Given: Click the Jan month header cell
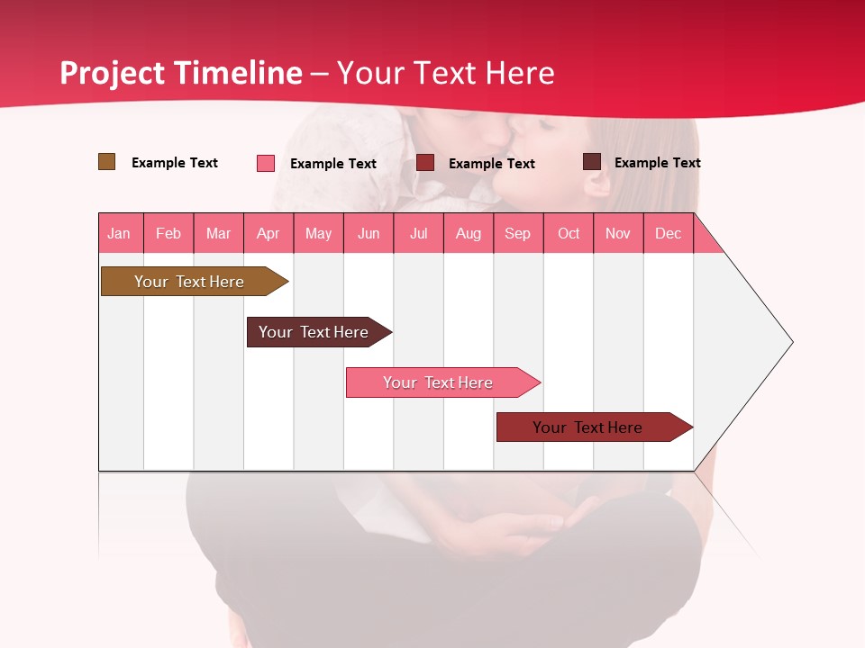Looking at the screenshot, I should [x=120, y=233].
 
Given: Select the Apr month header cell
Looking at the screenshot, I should [x=269, y=233].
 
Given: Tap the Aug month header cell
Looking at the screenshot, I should [x=469, y=233].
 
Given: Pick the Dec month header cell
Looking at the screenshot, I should [x=669, y=233].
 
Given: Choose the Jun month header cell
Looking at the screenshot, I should [x=369, y=233].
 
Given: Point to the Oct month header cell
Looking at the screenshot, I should [x=569, y=233].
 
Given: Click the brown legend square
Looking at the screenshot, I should [x=106, y=162].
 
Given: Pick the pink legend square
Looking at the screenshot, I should [x=266, y=163].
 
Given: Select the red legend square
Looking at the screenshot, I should [x=425, y=163].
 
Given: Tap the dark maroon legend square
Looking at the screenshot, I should [x=591, y=162].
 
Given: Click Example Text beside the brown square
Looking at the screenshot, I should [x=175, y=163].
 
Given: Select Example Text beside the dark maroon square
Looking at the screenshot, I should [x=657, y=163].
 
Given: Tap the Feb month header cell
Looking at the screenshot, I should [x=168, y=233].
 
